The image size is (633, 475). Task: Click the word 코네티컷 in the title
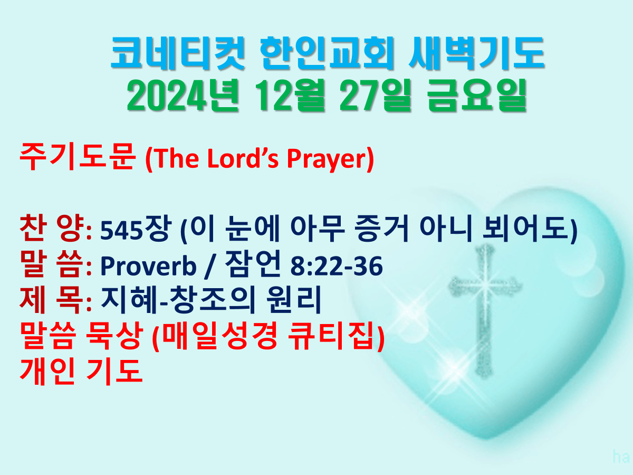tap(178, 53)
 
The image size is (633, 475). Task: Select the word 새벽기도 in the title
tap(476, 53)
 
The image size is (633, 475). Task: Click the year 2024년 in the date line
tap(183, 96)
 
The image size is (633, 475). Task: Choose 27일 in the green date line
tap(375, 96)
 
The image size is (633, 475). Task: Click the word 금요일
tap(477, 96)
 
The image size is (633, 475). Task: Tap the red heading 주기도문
tap(77, 157)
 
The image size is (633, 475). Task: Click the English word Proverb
tap(148, 267)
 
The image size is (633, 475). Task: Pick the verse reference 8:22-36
tap(337, 266)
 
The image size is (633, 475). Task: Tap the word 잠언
tap(253, 263)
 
